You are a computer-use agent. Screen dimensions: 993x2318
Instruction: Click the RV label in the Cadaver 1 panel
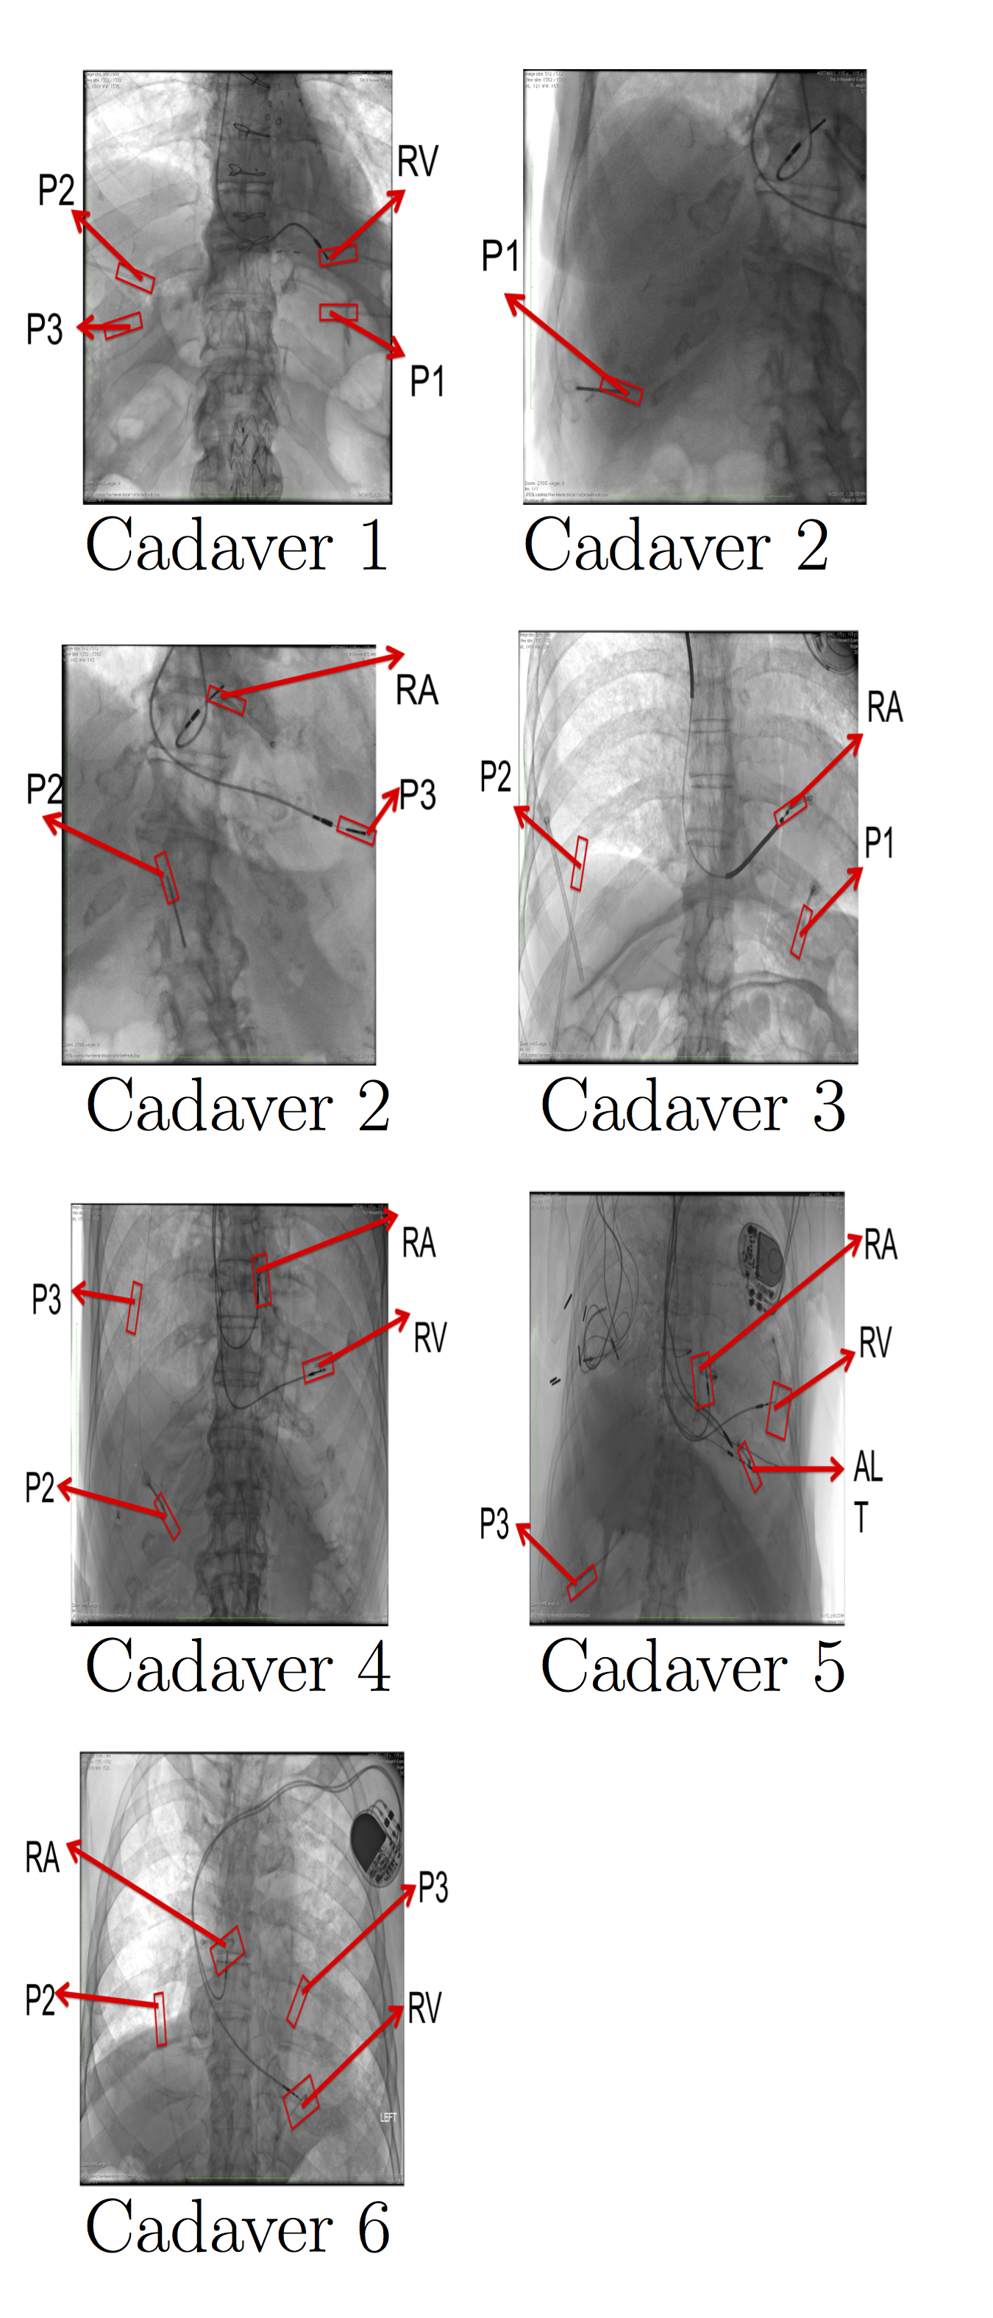point(417,163)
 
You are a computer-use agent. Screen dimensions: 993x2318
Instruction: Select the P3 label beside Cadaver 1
point(44,330)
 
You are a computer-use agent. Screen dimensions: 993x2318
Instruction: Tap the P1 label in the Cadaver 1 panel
point(427,381)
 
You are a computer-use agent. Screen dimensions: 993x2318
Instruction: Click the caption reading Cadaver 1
point(237,546)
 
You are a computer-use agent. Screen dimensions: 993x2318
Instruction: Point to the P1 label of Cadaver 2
point(499,257)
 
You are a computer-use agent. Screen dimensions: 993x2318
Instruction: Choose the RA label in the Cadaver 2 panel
point(416,691)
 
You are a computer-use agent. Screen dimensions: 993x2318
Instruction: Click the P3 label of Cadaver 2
point(417,795)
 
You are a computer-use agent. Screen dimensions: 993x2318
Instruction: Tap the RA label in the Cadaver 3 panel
point(884,707)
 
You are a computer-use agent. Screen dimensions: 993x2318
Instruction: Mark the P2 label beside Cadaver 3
point(495,776)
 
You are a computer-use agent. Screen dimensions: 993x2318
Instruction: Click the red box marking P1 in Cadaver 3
point(800,932)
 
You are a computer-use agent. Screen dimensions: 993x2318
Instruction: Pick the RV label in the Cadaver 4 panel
point(430,1338)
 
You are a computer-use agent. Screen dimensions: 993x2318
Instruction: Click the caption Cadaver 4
point(238,1667)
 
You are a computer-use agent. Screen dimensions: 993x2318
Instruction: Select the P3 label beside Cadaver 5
point(494,1523)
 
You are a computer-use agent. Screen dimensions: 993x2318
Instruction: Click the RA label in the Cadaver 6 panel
point(41,1857)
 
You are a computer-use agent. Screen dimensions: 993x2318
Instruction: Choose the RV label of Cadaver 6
point(424,2008)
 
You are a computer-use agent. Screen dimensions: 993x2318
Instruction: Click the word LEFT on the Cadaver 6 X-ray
point(388,2117)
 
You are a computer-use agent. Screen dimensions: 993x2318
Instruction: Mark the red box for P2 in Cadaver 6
point(160,2018)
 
